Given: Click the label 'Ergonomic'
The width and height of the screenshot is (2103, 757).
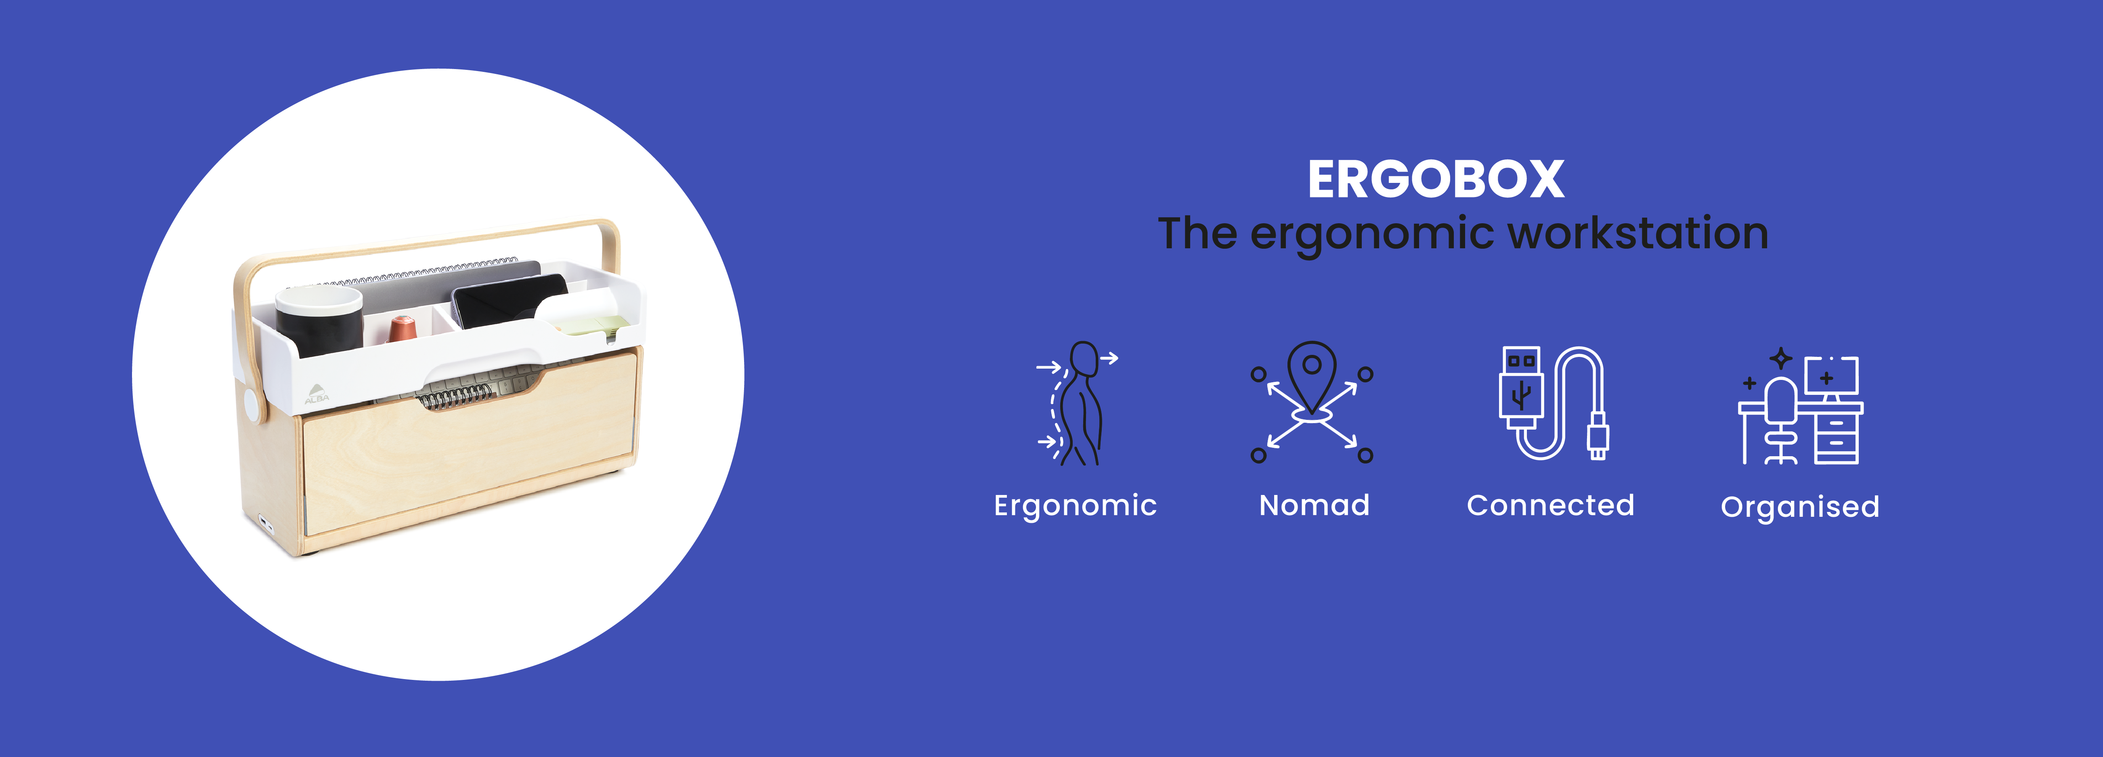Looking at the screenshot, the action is tap(1075, 506).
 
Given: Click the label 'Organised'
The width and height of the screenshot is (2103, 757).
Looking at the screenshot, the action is tap(1800, 507).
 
